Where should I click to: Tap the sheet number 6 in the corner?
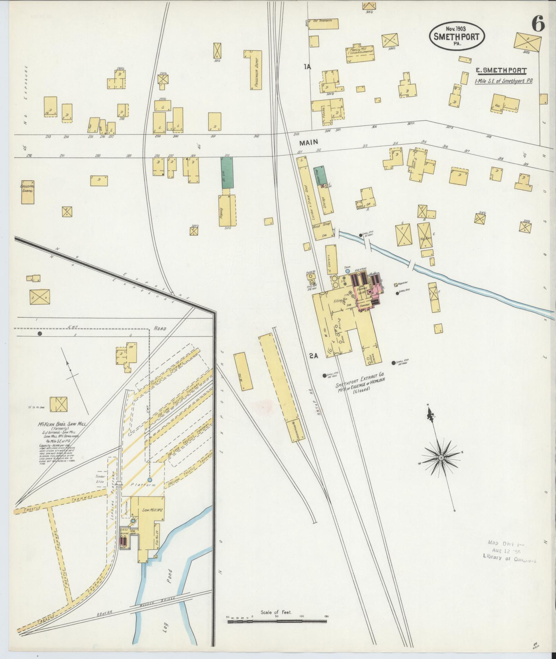tap(538, 24)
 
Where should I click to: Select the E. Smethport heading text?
tap(501, 71)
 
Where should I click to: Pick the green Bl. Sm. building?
tap(227, 173)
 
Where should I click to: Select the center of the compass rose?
tap(441, 457)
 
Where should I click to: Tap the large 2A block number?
tap(313, 357)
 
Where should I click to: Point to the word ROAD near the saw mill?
tap(160, 328)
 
